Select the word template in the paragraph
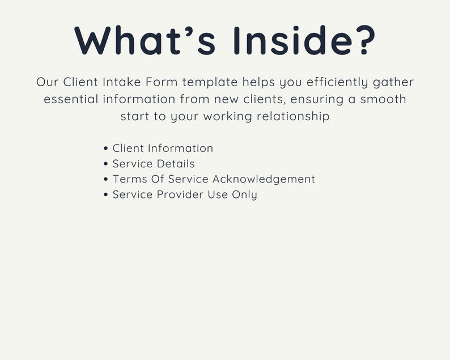point(214,83)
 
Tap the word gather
point(393,83)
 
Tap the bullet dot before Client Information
point(106,149)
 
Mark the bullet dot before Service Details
point(106,164)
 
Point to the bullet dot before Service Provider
point(106,194)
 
